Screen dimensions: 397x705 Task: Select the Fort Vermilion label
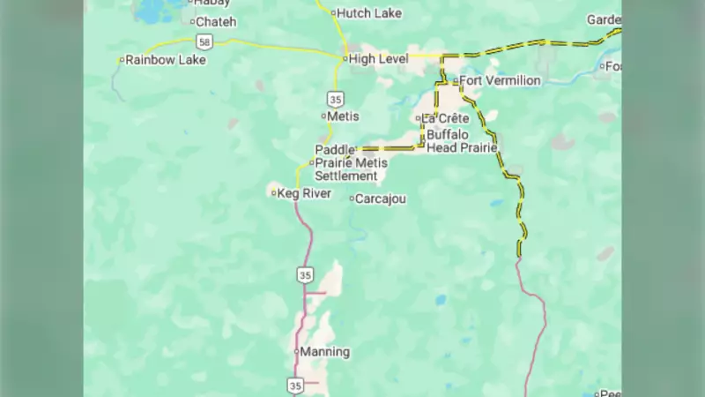tap(500, 81)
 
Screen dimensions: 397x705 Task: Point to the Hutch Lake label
tap(369, 13)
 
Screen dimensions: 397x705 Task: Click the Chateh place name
tap(216, 22)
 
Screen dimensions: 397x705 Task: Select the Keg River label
tap(304, 193)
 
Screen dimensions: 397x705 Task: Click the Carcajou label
tap(381, 199)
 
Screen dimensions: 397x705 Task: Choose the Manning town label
tap(325, 352)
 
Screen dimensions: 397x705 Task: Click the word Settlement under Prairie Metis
tap(346, 176)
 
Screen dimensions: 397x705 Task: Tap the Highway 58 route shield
tap(204, 41)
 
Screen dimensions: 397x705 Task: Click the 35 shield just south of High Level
tap(336, 99)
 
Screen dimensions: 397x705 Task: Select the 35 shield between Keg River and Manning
tap(305, 275)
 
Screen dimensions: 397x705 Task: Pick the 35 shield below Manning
tap(295, 385)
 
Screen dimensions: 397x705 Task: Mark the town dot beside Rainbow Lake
tap(122, 60)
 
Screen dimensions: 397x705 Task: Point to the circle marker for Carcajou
tap(352, 198)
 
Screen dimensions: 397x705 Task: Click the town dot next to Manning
tap(297, 351)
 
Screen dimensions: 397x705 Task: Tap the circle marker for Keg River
tap(274, 193)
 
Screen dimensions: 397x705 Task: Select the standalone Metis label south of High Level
tap(343, 116)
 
